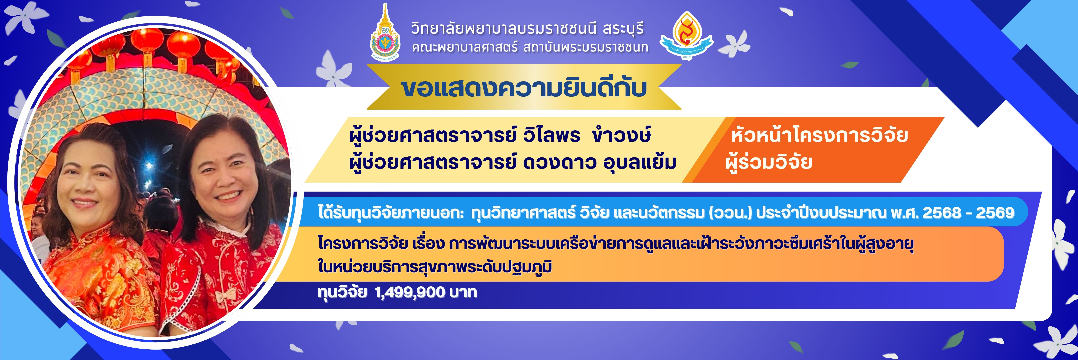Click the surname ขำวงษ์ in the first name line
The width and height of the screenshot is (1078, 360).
click(622, 135)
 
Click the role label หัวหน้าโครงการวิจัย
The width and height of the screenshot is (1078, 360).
click(819, 135)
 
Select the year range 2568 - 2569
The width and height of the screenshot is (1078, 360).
click(968, 213)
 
